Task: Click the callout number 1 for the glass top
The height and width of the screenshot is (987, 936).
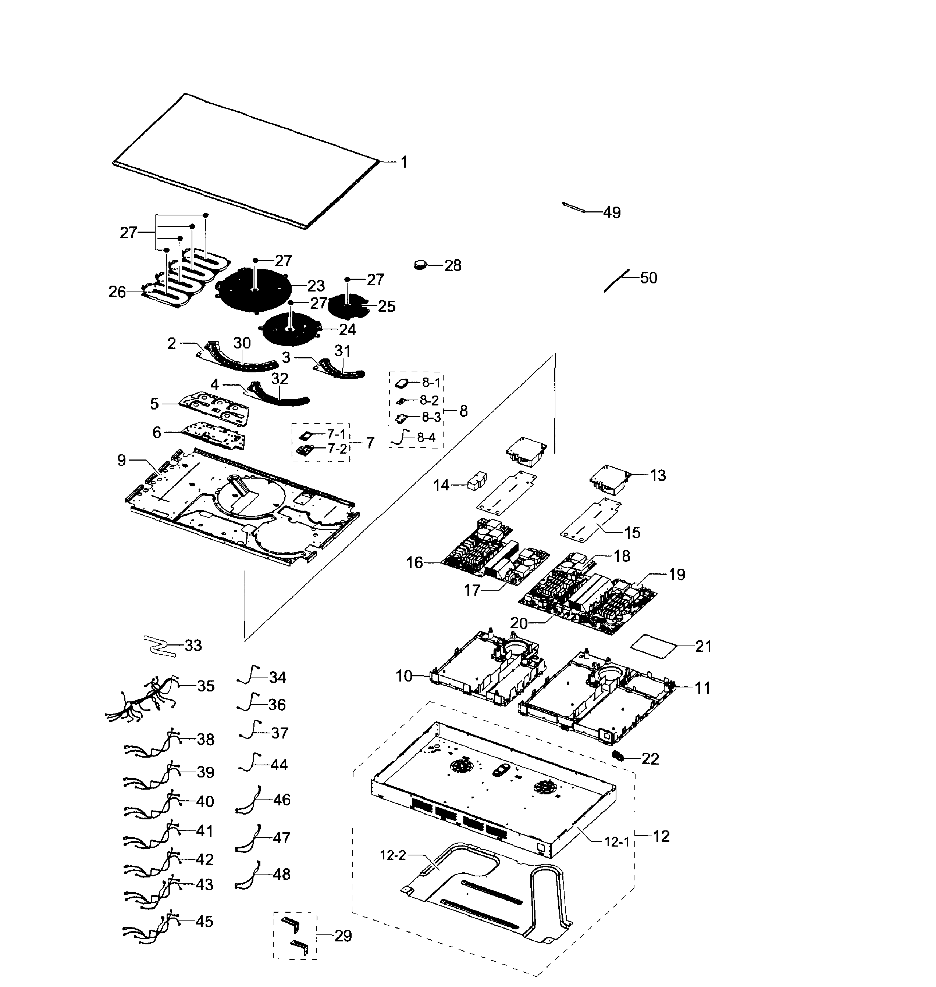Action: coord(404,162)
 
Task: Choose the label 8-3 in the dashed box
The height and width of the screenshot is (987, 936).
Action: coord(431,417)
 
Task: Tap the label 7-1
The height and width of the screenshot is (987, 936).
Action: coord(336,434)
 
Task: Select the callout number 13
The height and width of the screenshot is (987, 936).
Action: coord(658,475)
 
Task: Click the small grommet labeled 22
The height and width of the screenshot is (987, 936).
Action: coord(619,757)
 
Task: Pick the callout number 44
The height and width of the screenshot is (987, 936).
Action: coord(279,765)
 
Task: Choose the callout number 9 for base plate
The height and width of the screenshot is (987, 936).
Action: coord(122,460)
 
